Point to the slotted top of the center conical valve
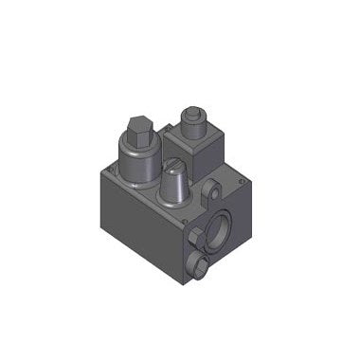pos(174,166)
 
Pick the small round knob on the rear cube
pos(193,118)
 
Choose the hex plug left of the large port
pos(195,236)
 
